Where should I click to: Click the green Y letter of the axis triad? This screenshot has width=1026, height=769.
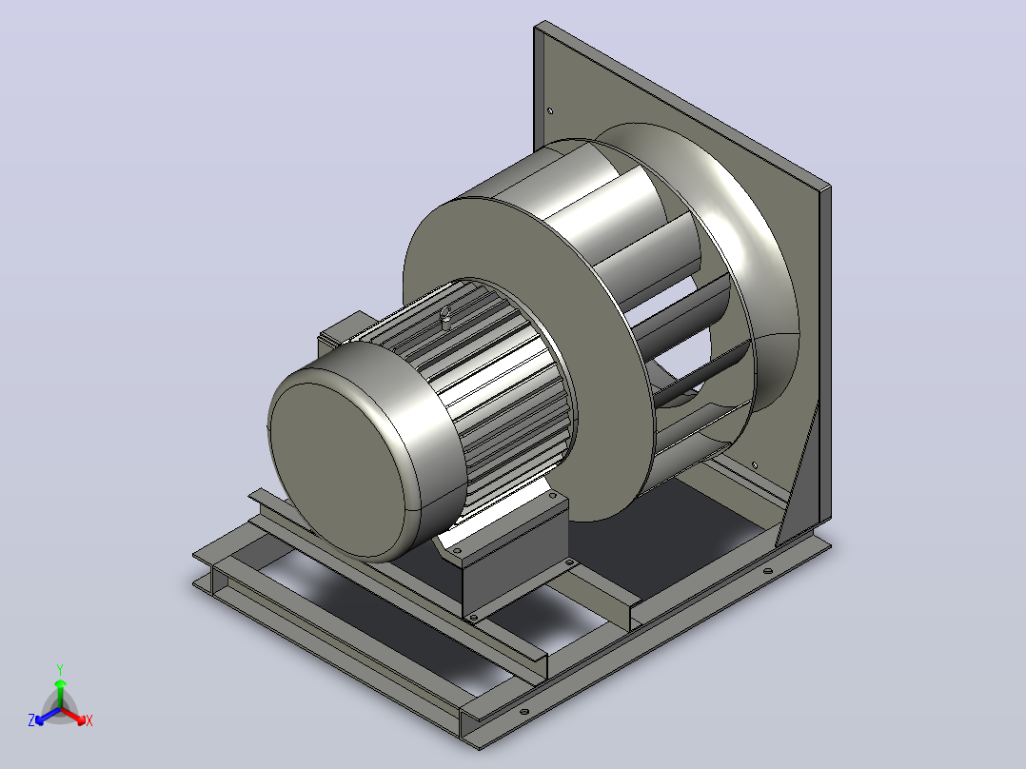(60, 669)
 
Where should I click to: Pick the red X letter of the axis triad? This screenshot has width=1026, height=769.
(89, 720)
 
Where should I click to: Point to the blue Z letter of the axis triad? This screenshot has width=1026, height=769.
(31, 720)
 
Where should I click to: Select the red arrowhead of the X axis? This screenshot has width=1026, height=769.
(81, 720)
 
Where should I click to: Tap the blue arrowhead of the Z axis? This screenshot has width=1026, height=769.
(40, 720)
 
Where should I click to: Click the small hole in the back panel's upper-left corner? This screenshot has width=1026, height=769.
(550, 110)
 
